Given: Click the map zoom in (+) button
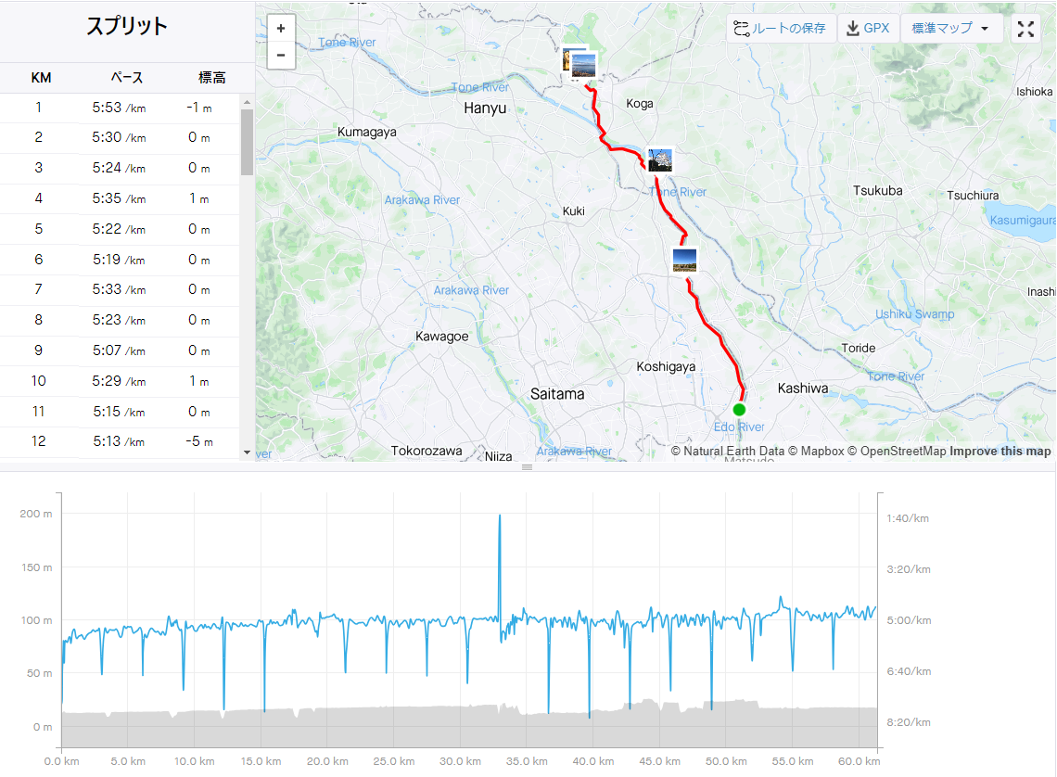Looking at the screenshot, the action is click(x=281, y=29).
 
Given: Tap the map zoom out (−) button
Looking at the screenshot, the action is click(x=281, y=56).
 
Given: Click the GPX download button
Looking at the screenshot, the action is click(x=868, y=29).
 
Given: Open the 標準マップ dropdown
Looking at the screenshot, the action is click(x=950, y=29).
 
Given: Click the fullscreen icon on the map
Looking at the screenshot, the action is click(x=1025, y=29).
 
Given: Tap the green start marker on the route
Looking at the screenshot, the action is click(x=739, y=410).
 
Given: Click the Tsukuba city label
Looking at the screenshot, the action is click(x=878, y=191).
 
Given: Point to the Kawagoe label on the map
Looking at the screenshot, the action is click(x=441, y=337).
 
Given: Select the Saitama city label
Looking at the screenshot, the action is click(x=557, y=394).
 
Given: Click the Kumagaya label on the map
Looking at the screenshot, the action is click(x=367, y=132).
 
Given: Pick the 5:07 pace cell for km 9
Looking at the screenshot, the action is click(x=119, y=350).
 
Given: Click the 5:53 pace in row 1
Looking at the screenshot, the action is click(x=119, y=108).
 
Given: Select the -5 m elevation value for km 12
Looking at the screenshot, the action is click(x=198, y=441).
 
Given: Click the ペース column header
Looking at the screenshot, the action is click(x=127, y=78).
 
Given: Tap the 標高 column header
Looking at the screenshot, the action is click(x=211, y=78).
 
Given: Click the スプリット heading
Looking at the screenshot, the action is click(x=127, y=26).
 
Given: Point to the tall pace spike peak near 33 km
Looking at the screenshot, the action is click(x=500, y=516).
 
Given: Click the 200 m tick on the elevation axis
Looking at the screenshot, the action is click(x=36, y=514).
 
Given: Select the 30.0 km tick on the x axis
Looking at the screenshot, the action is click(x=461, y=761).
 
